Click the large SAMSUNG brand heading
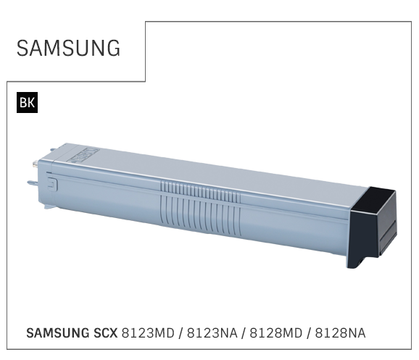pyautogui.click(x=68, y=48)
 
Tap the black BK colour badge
pyautogui.click(x=27, y=102)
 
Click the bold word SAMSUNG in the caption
pyautogui.click(x=58, y=333)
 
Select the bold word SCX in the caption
pyautogui.click(x=106, y=333)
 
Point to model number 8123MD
pyautogui.click(x=148, y=333)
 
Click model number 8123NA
pyautogui.click(x=212, y=333)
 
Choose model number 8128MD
pyautogui.click(x=275, y=333)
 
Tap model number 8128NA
pyautogui.click(x=340, y=333)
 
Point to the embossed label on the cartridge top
pyautogui.click(x=83, y=156)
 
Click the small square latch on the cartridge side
pyautogui.click(x=52, y=185)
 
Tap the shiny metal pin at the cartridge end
pyautogui.click(x=35, y=164)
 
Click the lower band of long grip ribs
pyautogui.click(x=200, y=215)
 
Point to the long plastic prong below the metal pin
pyautogui.click(x=33, y=183)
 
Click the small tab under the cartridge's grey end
pyautogui.click(x=49, y=206)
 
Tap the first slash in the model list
pyautogui.click(x=181, y=333)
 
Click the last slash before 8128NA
pyautogui.click(x=309, y=333)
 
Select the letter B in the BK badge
pyautogui.click(x=23, y=103)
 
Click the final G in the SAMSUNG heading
pyautogui.click(x=114, y=48)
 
